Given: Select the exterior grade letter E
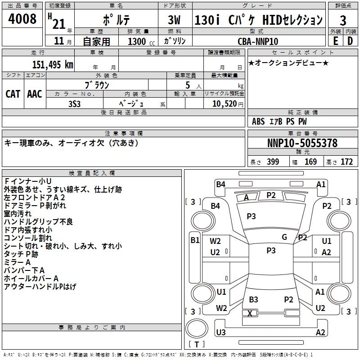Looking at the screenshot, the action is pyautogui.click(x=335, y=40).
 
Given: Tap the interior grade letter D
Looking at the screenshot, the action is pyautogui.click(x=350, y=40).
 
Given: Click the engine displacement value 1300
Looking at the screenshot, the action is pyautogui.click(x=137, y=41).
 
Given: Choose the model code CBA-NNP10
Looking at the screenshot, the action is pyautogui.click(x=257, y=41).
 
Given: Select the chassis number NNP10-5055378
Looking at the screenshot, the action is pyautogui.click(x=302, y=143).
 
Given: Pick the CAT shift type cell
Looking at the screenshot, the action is pyautogui.click(x=13, y=94).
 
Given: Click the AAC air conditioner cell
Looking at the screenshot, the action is pyautogui.click(x=34, y=94).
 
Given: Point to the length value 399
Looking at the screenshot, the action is pyautogui.click(x=273, y=162).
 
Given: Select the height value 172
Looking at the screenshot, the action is pyautogui.click(x=346, y=162).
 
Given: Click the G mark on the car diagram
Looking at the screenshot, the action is pyautogui.click(x=284, y=237).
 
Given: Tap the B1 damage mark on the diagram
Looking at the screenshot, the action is pyautogui.click(x=195, y=240).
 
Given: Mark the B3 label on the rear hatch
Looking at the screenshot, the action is pyautogui.click(x=253, y=300).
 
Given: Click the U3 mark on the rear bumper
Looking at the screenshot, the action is pyautogui.click(x=220, y=333).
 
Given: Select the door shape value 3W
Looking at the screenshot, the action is pyautogui.click(x=174, y=20).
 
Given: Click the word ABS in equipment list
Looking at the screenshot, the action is pyautogui.click(x=258, y=121).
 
